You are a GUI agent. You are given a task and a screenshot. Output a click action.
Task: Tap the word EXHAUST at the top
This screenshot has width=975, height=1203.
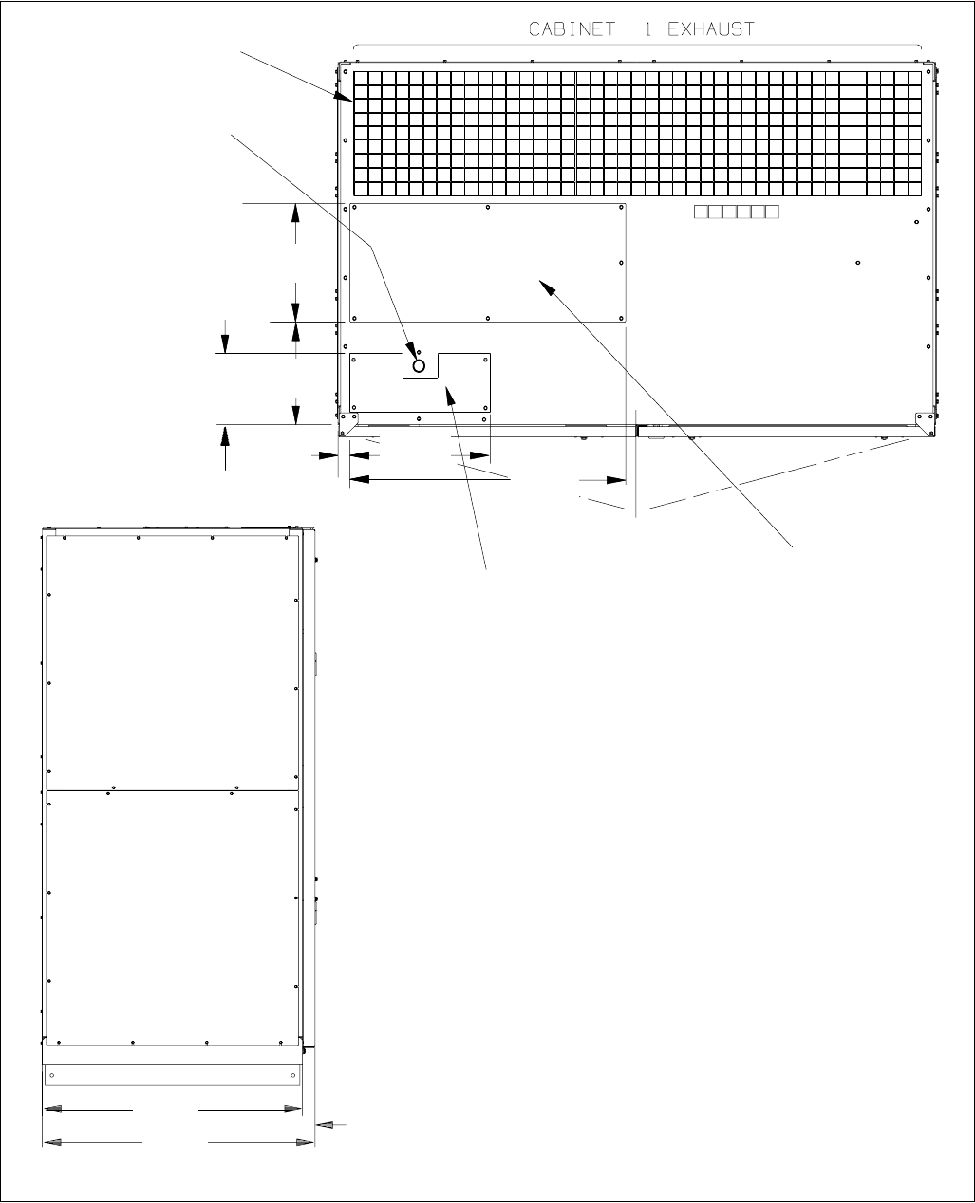coord(704,29)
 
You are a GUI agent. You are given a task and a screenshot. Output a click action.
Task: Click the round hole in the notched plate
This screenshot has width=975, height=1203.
coord(419,364)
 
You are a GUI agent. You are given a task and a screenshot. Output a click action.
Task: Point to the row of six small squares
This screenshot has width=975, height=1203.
coord(736,212)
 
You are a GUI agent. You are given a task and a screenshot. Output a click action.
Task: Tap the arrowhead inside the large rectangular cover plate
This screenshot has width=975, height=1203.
coord(545,286)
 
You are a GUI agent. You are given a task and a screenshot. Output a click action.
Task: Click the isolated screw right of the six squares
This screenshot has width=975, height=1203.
coord(857,263)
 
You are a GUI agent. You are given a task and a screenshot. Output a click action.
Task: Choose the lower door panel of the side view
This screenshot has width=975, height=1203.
coord(172,916)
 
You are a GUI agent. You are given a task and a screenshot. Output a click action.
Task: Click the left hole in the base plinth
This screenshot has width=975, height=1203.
coord(52,1075)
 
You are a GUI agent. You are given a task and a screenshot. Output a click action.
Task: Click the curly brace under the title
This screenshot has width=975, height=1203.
coord(637,46)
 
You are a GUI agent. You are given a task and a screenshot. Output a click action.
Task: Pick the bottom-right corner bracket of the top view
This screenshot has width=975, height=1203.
coord(920,418)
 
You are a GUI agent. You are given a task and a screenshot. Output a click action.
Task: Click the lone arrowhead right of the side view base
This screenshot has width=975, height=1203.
coord(324,1125)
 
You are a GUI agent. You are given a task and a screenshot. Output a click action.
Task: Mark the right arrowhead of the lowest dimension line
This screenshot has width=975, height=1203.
coord(306,1142)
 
